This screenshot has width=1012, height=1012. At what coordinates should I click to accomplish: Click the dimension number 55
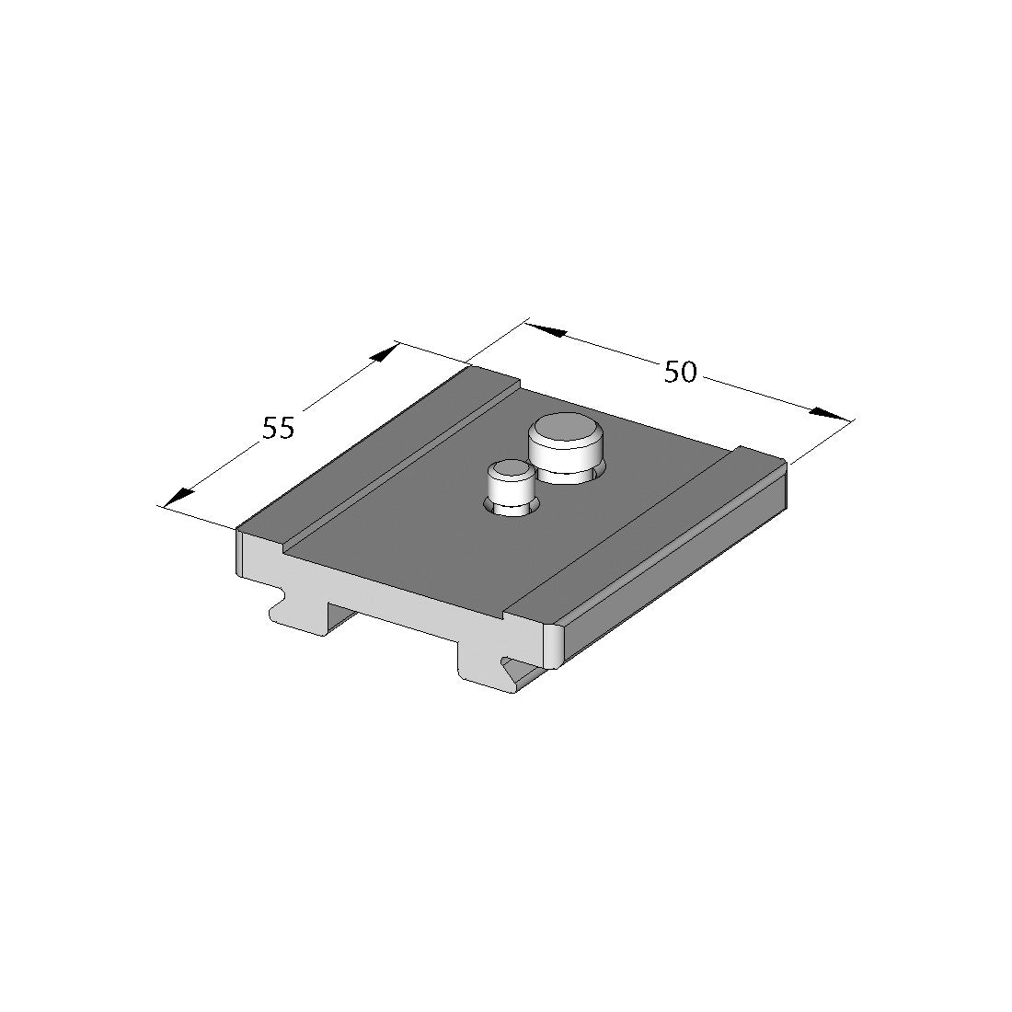point(279,428)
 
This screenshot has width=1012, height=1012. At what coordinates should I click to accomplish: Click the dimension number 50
point(680,372)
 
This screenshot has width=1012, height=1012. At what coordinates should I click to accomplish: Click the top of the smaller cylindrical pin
point(510,471)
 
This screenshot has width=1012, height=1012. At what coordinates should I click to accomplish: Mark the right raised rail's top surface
point(644,534)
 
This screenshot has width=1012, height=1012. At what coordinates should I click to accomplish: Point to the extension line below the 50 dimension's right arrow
point(819,442)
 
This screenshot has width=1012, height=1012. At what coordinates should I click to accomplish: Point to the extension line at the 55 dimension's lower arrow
point(198,517)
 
